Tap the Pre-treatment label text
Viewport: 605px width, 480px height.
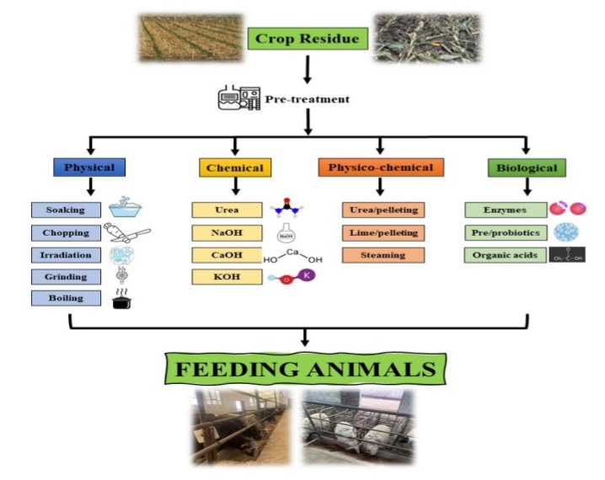coord(308,99)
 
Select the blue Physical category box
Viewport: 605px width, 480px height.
coord(88,168)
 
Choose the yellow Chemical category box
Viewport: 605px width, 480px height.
coord(234,168)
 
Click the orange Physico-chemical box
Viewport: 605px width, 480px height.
coord(381,168)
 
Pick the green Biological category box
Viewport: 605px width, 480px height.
coord(527,168)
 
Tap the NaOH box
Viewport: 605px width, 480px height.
coord(227,232)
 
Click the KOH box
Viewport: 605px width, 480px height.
coord(227,276)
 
